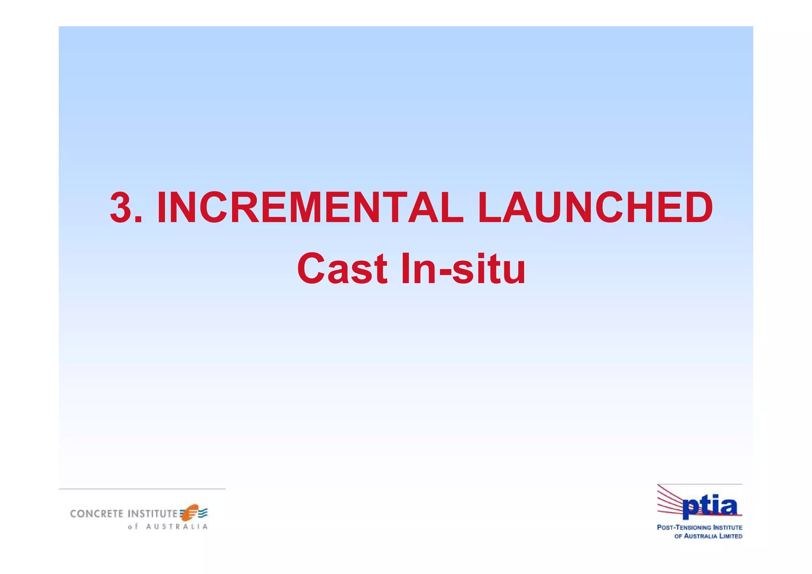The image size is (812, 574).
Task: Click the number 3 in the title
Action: coord(122,208)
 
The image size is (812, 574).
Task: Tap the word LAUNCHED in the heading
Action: coord(595,208)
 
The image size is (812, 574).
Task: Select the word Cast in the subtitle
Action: coord(342,269)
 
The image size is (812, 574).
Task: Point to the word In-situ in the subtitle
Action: coord(463,269)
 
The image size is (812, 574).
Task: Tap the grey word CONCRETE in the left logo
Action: coord(97,514)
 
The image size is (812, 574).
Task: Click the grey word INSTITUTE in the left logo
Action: coord(153,514)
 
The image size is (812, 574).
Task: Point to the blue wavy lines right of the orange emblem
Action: coord(203,513)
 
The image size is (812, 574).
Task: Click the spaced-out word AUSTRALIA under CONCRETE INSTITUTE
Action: coord(177,527)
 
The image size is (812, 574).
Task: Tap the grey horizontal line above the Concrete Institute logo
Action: coord(142,489)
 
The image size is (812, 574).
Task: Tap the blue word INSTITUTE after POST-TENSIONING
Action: coord(728,528)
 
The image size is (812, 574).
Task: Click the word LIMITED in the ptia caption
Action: coord(731,536)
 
